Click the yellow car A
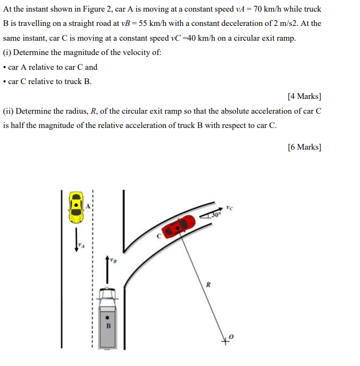click(x=77, y=206)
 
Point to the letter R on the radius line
click(x=208, y=285)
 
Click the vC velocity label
click(x=228, y=207)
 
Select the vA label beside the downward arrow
click(x=81, y=245)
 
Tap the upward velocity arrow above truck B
click(x=108, y=270)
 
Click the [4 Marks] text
click(x=304, y=96)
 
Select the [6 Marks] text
click(x=304, y=147)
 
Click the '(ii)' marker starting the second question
click(x=8, y=111)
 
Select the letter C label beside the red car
click(x=158, y=236)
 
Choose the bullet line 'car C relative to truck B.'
click(x=50, y=81)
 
